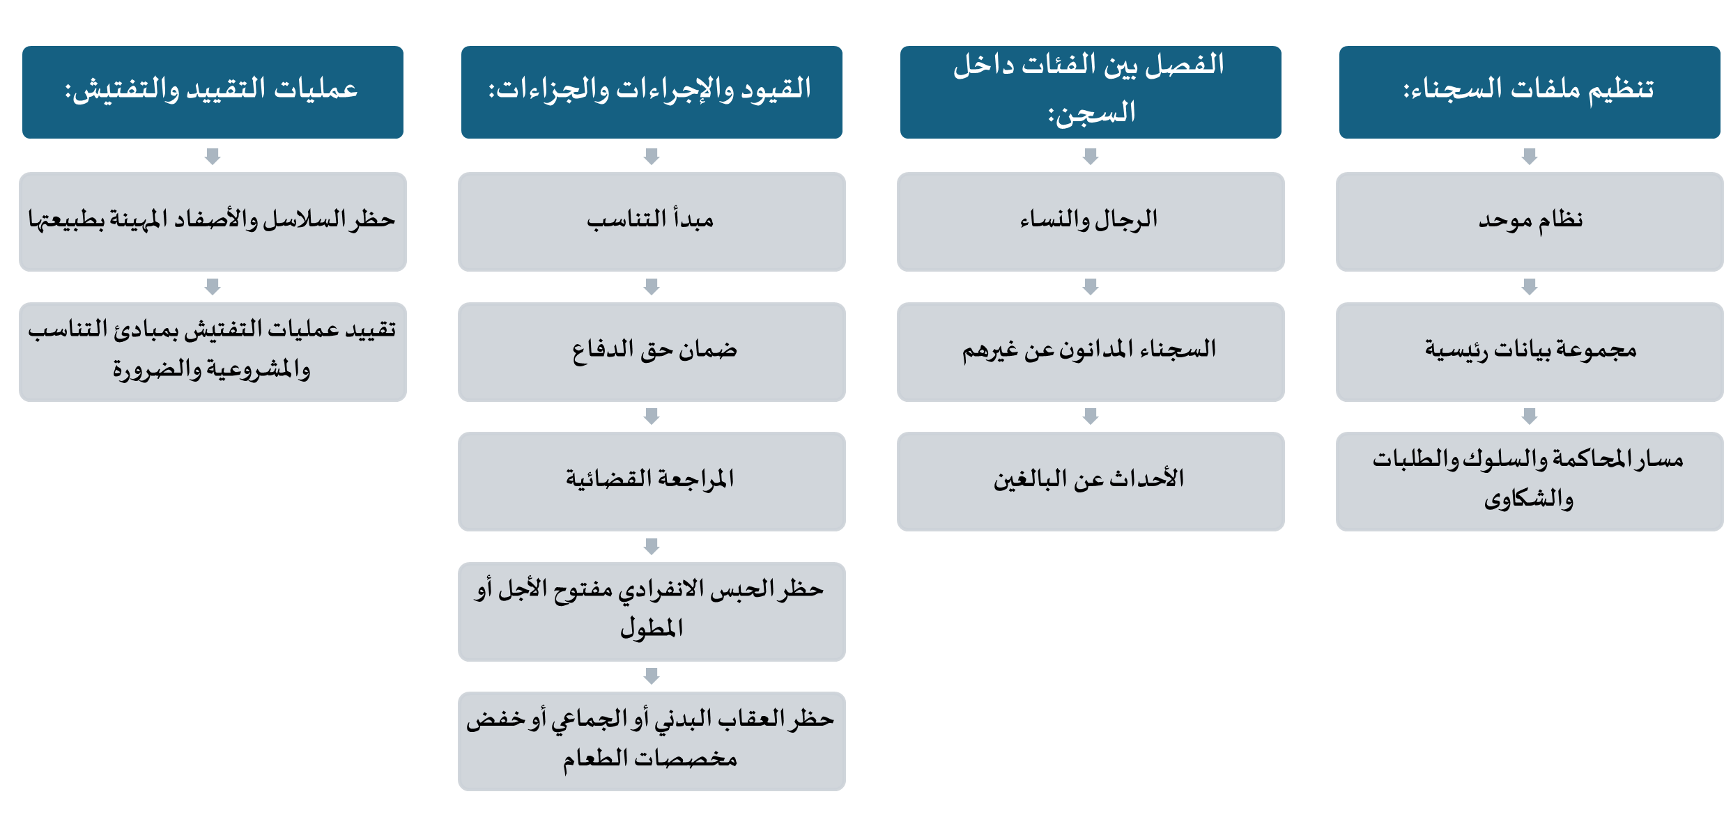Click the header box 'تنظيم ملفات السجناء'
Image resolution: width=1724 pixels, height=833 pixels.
click(x=1530, y=92)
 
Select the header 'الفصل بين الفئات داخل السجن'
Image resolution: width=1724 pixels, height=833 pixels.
click(x=1091, y=92)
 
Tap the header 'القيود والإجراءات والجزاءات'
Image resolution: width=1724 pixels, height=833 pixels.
click(x=652, y=92)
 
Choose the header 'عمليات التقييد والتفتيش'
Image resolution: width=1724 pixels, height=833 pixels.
click(x=213, y=92)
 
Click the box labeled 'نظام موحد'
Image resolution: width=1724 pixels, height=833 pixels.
click(x=1530, y=221)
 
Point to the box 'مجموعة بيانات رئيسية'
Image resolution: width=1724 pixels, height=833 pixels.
click(x=1530, y=352)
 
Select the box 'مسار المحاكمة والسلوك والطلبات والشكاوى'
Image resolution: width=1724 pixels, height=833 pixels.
click(x=1530, y=481)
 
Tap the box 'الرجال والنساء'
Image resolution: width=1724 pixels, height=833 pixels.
click(x=1091, y=221)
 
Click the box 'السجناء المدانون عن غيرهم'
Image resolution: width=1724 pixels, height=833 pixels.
click(x=1091, y=352)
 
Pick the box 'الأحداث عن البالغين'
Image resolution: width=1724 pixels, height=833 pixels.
click(x=1091, y=481)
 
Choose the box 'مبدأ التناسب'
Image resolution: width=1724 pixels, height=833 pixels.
click(x=652, y=221)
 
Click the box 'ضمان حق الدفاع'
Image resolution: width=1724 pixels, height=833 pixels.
click(x=652, y=352)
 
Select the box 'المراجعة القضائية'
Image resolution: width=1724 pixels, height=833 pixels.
click(x=652, y=481)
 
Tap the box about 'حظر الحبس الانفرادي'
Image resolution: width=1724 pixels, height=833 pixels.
click(x=652, y=612)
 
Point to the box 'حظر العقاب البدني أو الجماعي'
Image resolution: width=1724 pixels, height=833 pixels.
click(x=652, y=741)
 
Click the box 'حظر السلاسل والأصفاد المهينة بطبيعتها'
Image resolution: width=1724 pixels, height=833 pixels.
click(x=213, y=221)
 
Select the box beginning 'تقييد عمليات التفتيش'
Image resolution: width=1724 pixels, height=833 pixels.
click(x=213, y=352)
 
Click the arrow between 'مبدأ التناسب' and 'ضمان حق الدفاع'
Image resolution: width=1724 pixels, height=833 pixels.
click(x=652, y=286)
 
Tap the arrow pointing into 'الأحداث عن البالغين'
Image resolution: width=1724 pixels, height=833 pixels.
click(x=1091, y=416)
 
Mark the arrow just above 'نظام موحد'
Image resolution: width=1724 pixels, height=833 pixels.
click(x=1530, y=156)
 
